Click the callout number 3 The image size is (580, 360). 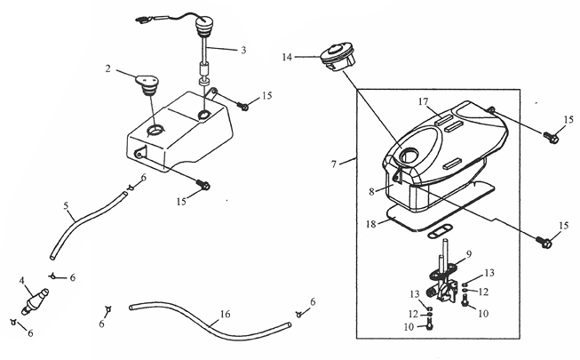(243, 50)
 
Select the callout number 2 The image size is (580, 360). (107, 68)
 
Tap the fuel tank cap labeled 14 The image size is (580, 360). (338, 57)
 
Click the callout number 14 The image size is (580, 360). (287, 57)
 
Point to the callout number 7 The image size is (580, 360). (334, 164)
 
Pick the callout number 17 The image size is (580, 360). (423, 101)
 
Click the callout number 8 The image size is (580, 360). (371, 191)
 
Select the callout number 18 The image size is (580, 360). (371, 224)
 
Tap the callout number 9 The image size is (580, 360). (469, 254)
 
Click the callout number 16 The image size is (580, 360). (225, 314)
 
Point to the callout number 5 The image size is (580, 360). (66, 205)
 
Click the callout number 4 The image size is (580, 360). (22, 281)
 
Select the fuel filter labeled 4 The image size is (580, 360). (35, 301)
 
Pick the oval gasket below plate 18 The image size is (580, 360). (439, 233)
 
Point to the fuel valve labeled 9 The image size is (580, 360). (443, 281)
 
